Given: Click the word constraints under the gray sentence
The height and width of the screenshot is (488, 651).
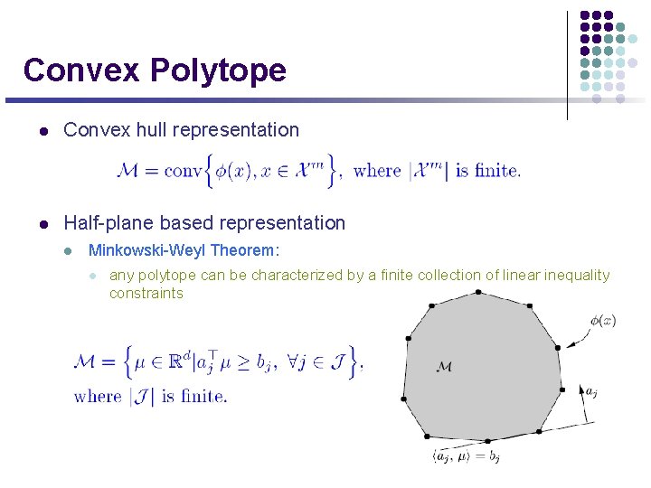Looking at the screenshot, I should (x=146, y=293).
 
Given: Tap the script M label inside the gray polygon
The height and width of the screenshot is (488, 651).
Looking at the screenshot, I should (x=444, y=367).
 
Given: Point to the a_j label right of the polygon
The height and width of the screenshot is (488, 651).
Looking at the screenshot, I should (x=590, y=391).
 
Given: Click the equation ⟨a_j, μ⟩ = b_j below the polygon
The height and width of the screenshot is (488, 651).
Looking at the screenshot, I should (x=467, y=457).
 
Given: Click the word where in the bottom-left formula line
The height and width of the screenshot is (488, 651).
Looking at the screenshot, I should (x=98, y=396).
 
